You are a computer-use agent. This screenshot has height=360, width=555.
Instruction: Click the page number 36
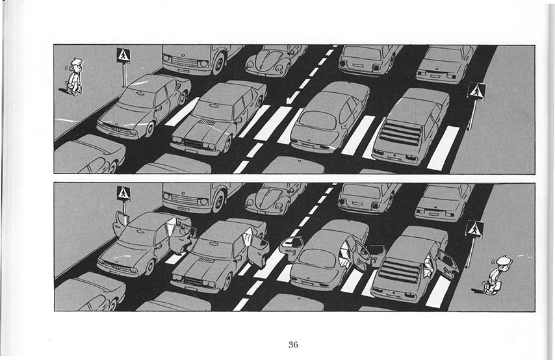[293, 344]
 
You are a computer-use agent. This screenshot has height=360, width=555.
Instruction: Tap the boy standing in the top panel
[74, 77]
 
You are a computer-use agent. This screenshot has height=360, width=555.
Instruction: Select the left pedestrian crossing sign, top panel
[123, 56]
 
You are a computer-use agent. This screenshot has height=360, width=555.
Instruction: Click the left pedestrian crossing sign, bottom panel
[123, 193]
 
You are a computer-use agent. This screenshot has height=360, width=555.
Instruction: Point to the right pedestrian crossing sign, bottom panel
[474, 229]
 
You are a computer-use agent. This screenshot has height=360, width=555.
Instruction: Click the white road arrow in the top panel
[292, 97]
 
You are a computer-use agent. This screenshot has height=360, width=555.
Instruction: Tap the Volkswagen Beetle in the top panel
[274, 60]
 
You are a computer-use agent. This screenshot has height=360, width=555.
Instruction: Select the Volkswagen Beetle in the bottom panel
[274, 198]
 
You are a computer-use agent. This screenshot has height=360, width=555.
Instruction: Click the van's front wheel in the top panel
[219, 63]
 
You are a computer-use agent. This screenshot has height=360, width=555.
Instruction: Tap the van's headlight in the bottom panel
[203, 202]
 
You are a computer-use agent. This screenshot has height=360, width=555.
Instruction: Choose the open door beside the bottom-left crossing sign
[120, 223]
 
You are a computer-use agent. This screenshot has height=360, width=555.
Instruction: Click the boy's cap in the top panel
[76, 62]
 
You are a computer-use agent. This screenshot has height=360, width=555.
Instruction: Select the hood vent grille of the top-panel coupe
[207, 122]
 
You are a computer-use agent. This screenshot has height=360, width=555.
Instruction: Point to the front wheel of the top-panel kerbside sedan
[149, 129]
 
